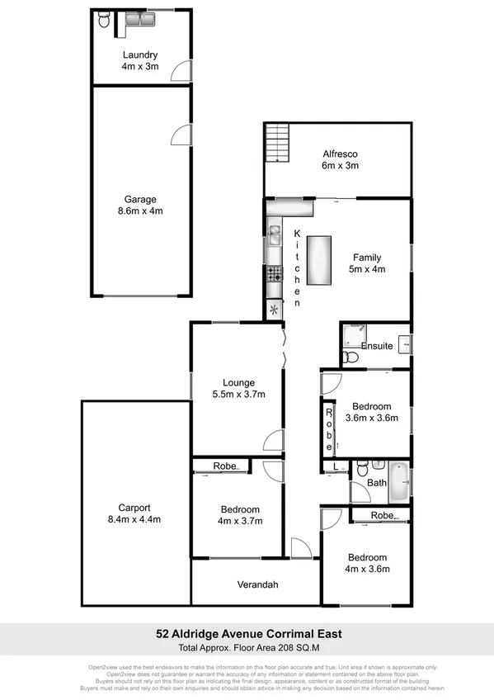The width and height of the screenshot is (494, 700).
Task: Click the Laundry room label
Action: pyautogui.click(x=141, y=55)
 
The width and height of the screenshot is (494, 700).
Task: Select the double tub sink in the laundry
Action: pyautogui.click(x=139, y=19)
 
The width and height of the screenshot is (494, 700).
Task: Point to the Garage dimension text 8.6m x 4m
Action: pyautogui.click(x=140, y=210)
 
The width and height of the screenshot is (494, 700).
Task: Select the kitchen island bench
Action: pyautogui.click(x=318, y=259)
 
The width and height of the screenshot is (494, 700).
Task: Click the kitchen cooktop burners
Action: pyautogui.click(x=273, y=275)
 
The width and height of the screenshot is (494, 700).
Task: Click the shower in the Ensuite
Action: pyautogui.click(x=357, y=337)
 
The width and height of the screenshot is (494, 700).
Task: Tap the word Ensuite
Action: pyautogui.click(x=376, y=346)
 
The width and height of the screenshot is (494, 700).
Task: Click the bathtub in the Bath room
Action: pyautogui.click(x=399, y=484)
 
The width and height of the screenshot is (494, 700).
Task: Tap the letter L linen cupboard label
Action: pyautogui.click(x=335, y=467)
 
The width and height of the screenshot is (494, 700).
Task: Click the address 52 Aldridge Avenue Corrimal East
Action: pyautogui.click(x=247, y=635)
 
